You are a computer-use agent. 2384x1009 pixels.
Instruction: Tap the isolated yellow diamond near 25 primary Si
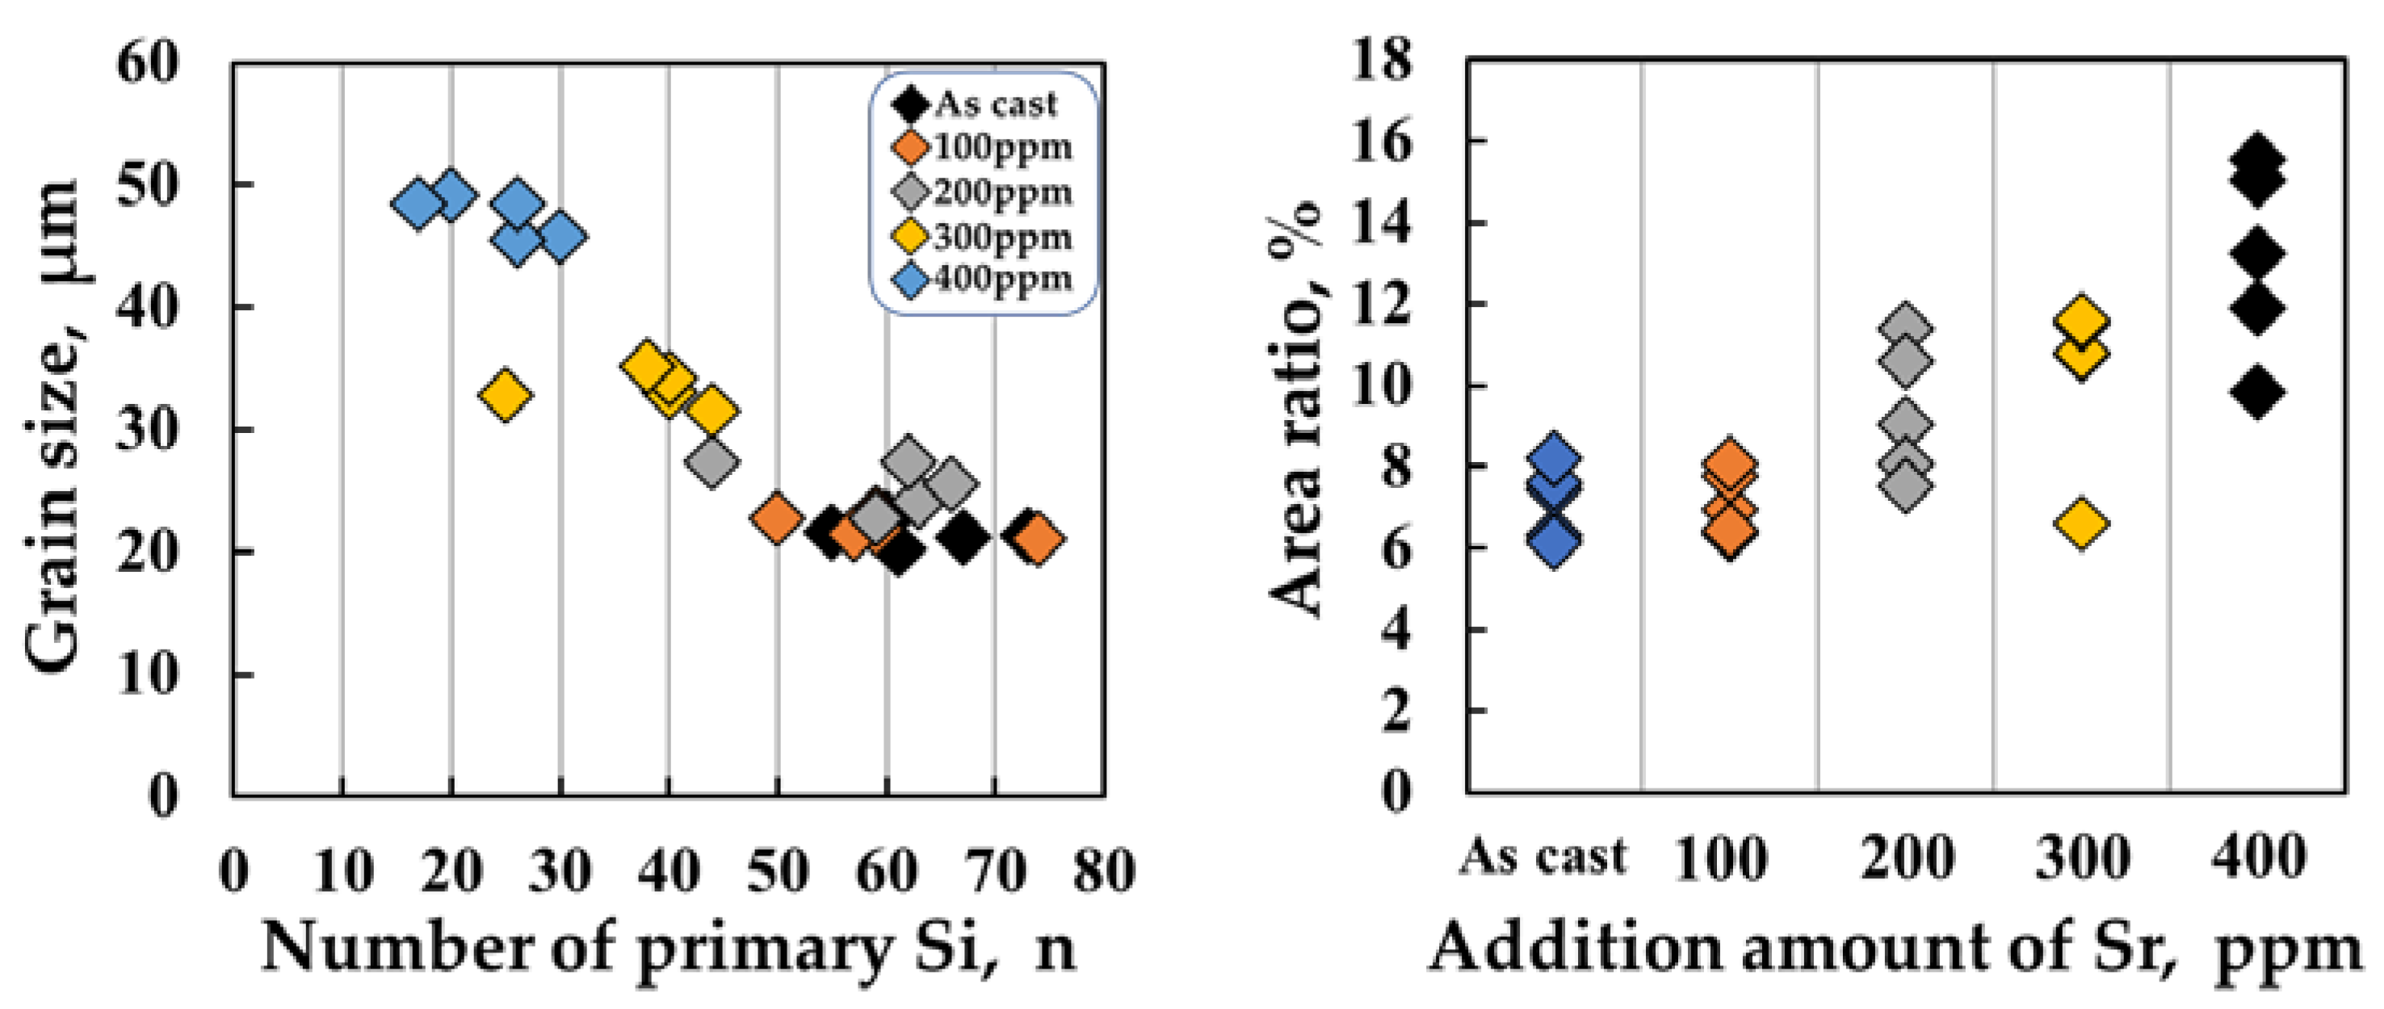[x=505, y=395]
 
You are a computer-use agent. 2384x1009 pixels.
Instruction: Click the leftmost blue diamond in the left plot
[x=418, y=203]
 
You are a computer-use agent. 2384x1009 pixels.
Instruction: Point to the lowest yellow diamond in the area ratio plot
[x=2080, y=523]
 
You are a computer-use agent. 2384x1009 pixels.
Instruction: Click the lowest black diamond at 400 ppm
[x=2256, y=392]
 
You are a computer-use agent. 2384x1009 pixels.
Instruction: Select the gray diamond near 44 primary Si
[x=711, y=462]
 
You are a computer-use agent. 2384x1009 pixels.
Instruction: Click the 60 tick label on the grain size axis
[x=148, y=65]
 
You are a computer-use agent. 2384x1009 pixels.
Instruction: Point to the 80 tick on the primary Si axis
[x=1103, y=871]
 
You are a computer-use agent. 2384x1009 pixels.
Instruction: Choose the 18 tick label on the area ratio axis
[x=1383, y=59]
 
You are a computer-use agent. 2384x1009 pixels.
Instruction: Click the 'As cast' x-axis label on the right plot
[x=1543, y=856]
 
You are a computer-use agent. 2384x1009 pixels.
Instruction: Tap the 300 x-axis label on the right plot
[x=2082, y=858]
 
